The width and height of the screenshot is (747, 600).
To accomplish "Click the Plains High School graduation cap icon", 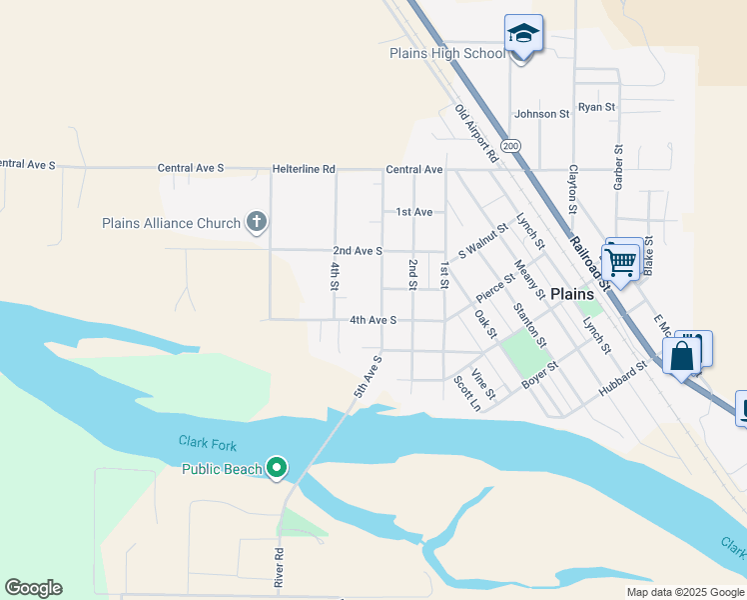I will coord(523,35).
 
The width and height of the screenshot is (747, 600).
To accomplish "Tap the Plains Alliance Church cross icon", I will coord(257,222).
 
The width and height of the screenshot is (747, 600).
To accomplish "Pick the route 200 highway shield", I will coord(512,146).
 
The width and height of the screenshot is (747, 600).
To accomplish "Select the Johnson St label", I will coord(541,114).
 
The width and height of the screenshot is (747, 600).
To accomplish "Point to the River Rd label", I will coord(280,566).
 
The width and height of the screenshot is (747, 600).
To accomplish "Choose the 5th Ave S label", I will coord(367,377).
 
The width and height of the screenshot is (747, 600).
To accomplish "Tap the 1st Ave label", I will coord(413,212).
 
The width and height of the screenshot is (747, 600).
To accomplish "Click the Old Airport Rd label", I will coord(476,134).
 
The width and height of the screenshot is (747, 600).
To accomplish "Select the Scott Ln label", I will coord(467,393).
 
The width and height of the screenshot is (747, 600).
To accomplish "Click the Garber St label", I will coord(618,162).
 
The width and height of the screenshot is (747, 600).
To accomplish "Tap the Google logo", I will coord(33,588).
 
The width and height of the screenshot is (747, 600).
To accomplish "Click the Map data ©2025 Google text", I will coord(684,592).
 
